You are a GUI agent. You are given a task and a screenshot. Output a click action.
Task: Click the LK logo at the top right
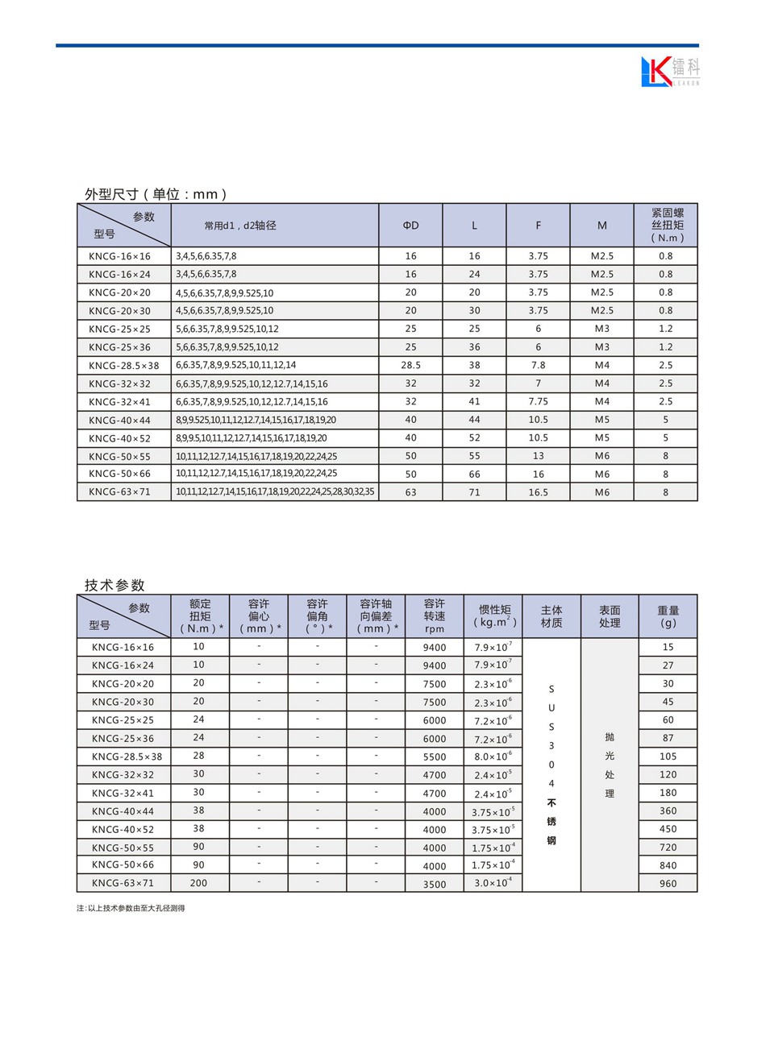(669, 71)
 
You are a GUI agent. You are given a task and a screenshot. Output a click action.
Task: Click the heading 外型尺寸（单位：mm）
(156, 194)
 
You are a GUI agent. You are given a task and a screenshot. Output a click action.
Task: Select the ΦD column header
(410, 226)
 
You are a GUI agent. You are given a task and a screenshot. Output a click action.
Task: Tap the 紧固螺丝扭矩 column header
(667, 226)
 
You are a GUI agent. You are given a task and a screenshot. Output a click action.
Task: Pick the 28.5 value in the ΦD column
(410, 365)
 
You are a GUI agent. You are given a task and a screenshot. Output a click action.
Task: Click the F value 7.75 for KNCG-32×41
(538, 401)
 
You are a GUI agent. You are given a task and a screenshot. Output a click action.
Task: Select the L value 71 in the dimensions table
(474, 492)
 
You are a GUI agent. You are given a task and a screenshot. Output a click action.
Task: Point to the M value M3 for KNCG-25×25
(601, 329)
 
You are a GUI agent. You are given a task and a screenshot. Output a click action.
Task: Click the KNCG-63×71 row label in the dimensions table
(119, 492)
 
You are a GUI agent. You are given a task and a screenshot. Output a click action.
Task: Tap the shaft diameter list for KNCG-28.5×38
(236, 365)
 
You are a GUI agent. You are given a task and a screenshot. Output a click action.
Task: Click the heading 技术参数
(114, 585)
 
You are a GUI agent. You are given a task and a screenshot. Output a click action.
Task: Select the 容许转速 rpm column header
(434, 616)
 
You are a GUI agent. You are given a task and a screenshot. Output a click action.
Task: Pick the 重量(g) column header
(668, 616)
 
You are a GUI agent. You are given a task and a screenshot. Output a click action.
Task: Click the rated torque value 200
(198, 883)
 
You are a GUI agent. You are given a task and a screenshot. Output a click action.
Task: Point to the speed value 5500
(434, 756)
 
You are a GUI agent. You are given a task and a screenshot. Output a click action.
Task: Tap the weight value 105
(668, 756)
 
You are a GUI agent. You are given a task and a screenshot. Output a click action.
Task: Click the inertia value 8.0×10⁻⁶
(493, 756)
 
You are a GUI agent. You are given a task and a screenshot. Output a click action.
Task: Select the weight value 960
(668, 883)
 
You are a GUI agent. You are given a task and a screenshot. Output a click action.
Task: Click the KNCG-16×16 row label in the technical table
(123, 647)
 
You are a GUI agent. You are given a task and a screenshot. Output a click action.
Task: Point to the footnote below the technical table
(131, 908)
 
